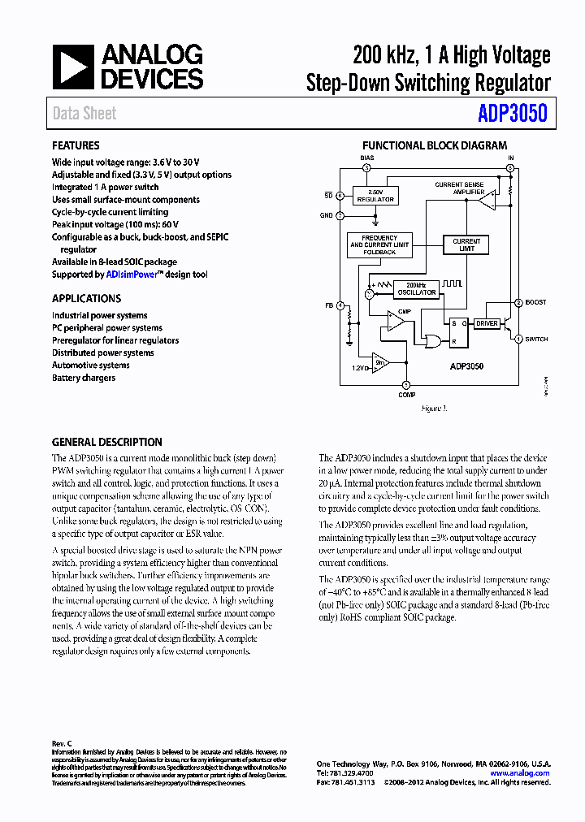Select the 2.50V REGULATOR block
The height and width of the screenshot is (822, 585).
[x=375, y=196]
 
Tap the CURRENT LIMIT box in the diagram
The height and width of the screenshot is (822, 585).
[x=466, y=244]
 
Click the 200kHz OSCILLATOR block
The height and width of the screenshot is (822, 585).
[x=416, y=289]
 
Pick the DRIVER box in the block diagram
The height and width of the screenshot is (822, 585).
[x=487, y=323]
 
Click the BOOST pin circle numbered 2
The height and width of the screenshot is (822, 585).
[x=518, y=303]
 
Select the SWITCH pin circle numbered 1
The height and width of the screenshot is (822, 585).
[x=518, y=340]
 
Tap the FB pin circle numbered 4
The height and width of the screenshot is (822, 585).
[x=340, y=305]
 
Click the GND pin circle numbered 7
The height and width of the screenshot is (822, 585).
[x=340, y=215]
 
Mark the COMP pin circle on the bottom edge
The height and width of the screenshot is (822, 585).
[x=407, y=384]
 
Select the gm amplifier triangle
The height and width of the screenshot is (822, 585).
[x=380, y=361]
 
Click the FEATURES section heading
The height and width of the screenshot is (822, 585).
[x=76, y=146]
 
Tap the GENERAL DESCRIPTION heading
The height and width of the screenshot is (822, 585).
[x=106, y=443]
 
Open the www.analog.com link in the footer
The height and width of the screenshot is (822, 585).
[x=520, y=773]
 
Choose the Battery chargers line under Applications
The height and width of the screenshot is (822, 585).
[x=84, y=378]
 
